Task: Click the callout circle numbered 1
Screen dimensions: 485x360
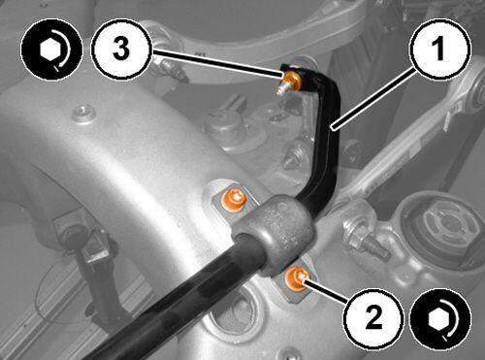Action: [x=441, y=49]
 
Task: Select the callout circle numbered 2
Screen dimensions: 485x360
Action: [x=373, y=318]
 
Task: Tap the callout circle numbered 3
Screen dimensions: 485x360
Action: [x=121, y=49]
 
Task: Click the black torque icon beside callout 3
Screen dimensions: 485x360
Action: [x=51, y=49]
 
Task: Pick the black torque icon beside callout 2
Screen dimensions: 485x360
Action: [x=439, y=319]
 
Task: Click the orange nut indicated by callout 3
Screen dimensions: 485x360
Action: [x=290, y=81]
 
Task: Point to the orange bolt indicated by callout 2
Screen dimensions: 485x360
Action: [x=297, y=278]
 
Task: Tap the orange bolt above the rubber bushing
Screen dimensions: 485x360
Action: [x=233, y=201]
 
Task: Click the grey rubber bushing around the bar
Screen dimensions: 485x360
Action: [x=274, y=234]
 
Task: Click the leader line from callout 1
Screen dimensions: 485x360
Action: [x=373, y=98]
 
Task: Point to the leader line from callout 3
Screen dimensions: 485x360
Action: [x=216, y=63]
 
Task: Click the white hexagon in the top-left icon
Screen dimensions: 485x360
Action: [x=50, y=50]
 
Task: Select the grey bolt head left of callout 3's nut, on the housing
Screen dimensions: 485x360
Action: [x=83, y=114]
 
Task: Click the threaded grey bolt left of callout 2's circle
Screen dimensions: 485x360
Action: [x=366, y=240]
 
